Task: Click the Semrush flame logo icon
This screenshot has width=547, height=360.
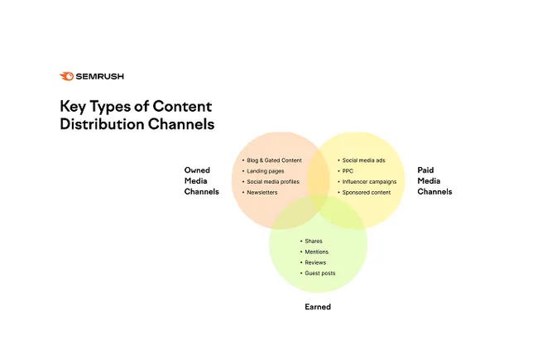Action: (x=66, y=76)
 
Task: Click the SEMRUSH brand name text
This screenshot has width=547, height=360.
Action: (x=94, y=76)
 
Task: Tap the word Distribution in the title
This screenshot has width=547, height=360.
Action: (x=103, y=124)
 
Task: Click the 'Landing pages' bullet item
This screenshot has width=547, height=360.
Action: (x=266, y=170)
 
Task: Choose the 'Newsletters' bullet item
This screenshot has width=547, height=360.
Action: (x=262, y=192)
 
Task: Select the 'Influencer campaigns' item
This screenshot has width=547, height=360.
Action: (x=371, y=181)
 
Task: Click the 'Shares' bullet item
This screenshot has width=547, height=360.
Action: (x=314, y=241)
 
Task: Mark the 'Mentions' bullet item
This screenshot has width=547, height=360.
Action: (x=317, y=252)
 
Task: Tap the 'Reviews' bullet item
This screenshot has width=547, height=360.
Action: (x=315, y=262)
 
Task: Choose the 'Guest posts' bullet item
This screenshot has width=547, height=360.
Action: (x=320, y=273)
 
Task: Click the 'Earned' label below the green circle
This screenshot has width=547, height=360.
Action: (x=318, y=307)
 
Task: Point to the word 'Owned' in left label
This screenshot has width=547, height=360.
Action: (x=197, y=170)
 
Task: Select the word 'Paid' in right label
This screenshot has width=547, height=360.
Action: (x=425, y=170)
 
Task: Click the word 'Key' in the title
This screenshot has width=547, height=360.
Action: (x=72, y=107)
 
